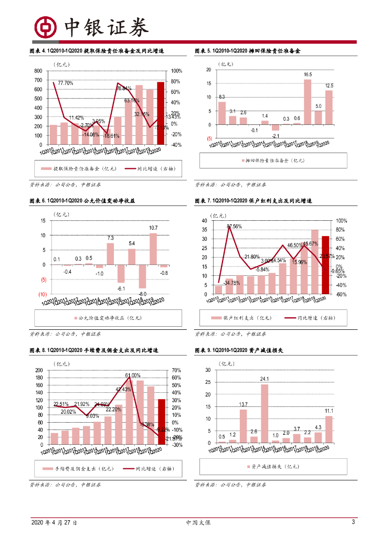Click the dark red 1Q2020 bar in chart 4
161,113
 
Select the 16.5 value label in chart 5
308,74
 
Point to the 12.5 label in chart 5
329,85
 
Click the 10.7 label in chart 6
153,228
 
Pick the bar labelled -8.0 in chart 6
142,276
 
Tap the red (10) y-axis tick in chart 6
43,294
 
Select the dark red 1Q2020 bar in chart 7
325,265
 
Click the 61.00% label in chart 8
132,375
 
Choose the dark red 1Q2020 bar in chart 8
161,422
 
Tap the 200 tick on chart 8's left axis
39,370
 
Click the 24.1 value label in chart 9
265,379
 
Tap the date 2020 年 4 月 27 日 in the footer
54,523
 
